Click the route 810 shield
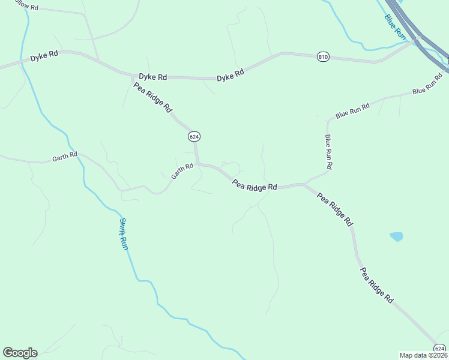[x=323, y=56]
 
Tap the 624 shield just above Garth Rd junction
[x=194, y=137]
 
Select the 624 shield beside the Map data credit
[x=440, y=349]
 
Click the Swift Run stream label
[x=123, y=233]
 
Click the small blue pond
[x=396, y=236]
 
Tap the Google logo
[x=20, y=353]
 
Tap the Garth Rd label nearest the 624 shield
[x=182, y=172]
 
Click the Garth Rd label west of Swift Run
[x=65, y=157]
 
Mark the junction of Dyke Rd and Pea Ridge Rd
[x=134, y=76]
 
